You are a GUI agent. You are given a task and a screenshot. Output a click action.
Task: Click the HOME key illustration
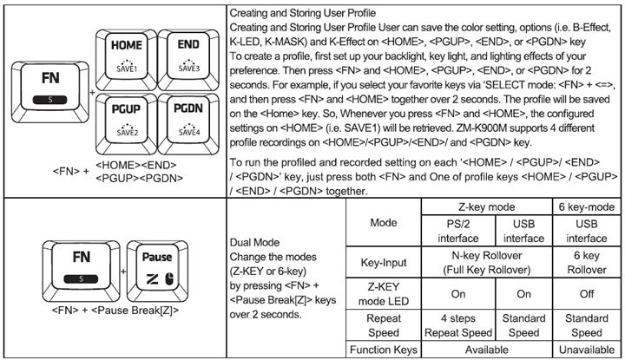click(130, 55)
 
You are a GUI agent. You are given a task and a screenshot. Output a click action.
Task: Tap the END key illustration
click(189, 55)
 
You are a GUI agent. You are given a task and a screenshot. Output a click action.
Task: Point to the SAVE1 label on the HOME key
click(130, 67)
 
